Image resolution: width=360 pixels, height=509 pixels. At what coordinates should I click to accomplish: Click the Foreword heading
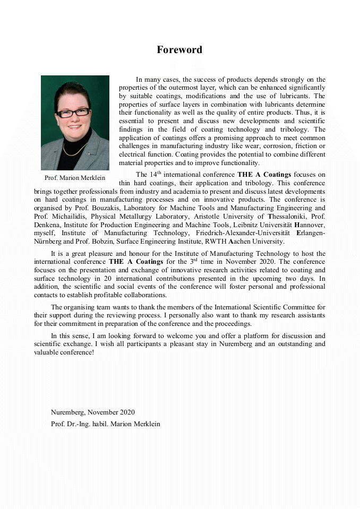179,50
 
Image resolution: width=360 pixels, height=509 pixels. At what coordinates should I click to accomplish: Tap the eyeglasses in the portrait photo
73,113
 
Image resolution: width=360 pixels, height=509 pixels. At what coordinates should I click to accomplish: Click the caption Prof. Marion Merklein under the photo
75,178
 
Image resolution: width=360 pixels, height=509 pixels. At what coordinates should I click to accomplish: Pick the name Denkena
49,225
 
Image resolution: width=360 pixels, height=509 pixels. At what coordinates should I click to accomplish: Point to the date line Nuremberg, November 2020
92,412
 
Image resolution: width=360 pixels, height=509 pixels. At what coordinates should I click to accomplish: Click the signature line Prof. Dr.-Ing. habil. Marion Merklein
105,424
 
